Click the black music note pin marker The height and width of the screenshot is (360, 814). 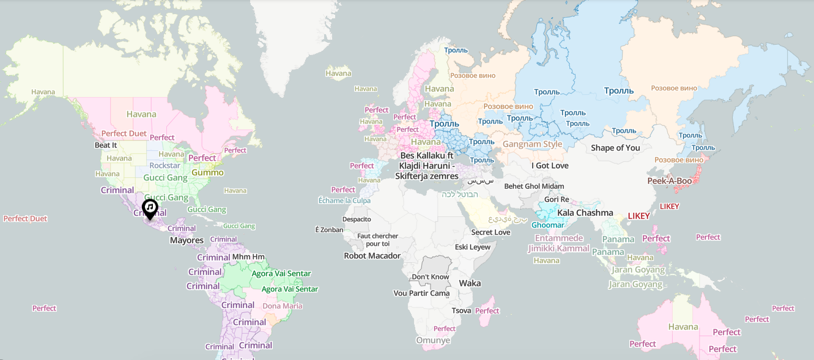coord(150,208)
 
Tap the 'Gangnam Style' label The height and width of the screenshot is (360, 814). coord(532,144)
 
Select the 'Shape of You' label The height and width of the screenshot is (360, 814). coord(615,148)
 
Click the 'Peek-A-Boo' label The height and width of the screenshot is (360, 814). coord(670,181)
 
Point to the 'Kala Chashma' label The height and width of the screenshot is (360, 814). coord(585,213)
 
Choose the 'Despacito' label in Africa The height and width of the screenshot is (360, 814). coord(357,219)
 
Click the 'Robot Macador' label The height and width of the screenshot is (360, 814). coord(372,255)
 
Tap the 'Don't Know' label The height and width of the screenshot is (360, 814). coord(431,277)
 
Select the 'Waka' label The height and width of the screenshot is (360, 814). coord(470,283)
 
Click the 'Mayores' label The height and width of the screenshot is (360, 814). coord(187,240)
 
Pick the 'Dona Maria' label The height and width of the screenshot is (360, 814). coord(283,306)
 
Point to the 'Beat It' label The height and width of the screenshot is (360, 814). coord(106,145)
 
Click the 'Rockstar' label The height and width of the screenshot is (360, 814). coord(165,166)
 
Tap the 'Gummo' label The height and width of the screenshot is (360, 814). coord(207,172)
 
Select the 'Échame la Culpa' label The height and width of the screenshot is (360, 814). coord(344,200)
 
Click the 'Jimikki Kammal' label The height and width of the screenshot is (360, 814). coord(558,248)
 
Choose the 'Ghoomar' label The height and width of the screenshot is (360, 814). coord(547,225)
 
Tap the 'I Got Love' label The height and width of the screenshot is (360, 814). coord(550,166)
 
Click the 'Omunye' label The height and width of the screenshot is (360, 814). coord(433,340)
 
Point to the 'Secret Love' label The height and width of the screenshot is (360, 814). coord(490,232)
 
